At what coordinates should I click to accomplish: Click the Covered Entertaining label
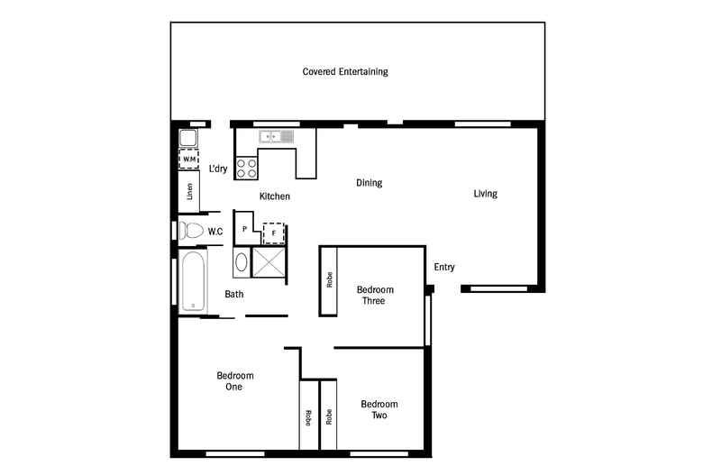(345, 71)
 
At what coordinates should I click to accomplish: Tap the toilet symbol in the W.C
(191, 230)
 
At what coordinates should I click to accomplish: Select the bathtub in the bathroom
(192, 281)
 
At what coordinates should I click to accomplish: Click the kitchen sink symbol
(277, 137)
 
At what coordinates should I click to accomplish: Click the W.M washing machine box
(188, 160)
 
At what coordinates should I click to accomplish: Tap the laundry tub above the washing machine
(188, 139)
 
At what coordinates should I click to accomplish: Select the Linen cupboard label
(189, 191)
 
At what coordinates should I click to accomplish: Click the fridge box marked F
(273, 233)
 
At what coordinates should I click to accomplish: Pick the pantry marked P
(244, 230)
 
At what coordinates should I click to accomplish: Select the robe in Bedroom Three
(329, 280)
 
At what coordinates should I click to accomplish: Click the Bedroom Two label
(379, 410)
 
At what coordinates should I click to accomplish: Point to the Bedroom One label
(234, 381)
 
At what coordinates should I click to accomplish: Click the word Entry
(444, 267)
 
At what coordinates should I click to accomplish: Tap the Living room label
(486, 194)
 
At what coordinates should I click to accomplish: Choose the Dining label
(369, 183)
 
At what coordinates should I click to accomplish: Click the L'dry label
(217, 169)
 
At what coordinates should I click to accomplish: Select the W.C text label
(215, 232)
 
